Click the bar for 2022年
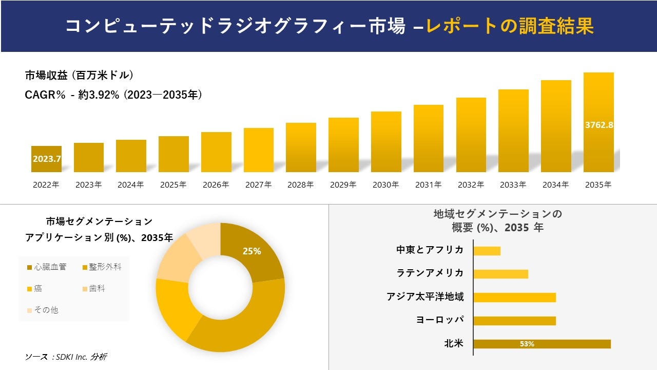point(46,159)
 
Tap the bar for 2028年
point(301,147)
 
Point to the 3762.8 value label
point(599,124)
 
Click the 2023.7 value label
point(47,159)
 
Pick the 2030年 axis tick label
point(385,185)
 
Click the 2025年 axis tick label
point(173,185)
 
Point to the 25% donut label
point(252,251)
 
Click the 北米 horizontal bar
point(542,344)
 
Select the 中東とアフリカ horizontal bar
point(487,251)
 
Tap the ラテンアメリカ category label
point(430,273)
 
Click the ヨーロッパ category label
point(440,320)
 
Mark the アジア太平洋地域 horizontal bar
point(514,297)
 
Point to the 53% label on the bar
point(527,344)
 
